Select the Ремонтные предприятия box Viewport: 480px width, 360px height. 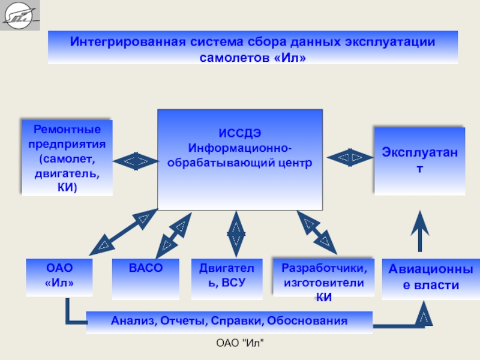click(x=67, y=158)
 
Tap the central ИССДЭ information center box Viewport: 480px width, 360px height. click(x=240, y=159)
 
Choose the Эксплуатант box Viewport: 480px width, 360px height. click(x=419, y=160)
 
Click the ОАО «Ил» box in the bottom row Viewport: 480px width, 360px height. click(x=59, y=277)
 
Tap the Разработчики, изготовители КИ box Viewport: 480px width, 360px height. click(x=323, y=277)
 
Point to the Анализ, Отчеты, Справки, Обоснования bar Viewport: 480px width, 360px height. click(x=229, y=322)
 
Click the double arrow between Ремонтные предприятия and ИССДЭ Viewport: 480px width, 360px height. click(x=135, y=160)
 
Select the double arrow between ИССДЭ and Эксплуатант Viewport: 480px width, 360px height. click(x=349, y=158)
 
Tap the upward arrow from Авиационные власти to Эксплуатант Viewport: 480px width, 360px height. click(x=421, y=230)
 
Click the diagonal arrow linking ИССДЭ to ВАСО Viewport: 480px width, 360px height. click(x=173, y=235)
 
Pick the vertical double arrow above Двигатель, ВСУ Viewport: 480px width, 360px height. click(x=236, y=235)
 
